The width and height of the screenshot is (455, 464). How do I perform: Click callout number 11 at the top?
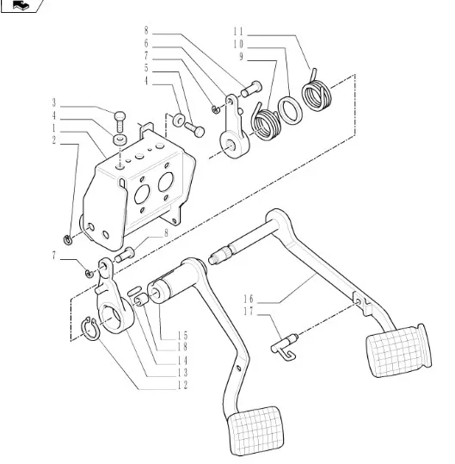point(238,31)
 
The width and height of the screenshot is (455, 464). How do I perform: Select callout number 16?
point(249,299)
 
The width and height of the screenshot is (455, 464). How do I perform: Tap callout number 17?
point(249,312)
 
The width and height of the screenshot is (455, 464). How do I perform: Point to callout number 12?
point(182,385)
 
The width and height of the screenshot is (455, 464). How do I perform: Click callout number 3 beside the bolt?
point(54,102)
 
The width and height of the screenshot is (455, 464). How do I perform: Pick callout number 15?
point(182,335)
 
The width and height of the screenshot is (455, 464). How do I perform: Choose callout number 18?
point(182,347)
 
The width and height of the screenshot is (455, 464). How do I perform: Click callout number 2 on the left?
point(54,140)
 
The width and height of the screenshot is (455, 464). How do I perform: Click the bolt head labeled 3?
point(120,115)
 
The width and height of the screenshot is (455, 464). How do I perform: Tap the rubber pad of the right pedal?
point(398,350)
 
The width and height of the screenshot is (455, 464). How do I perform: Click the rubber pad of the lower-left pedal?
point(255,430)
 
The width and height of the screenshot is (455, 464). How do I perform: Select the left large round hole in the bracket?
point(142,195)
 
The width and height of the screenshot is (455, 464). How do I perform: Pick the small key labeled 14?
point(134,289)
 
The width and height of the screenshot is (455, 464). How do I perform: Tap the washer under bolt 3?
point(120,139)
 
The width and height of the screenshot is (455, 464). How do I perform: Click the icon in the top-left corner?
point(22,5)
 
